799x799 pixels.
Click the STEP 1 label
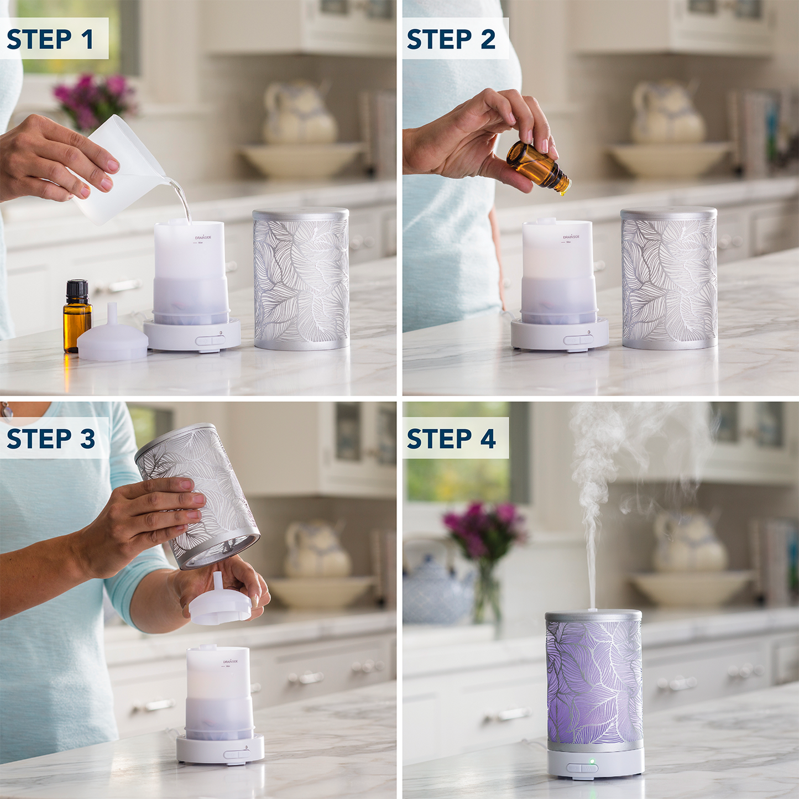click(51, 39)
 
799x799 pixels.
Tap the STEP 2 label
click(451, 39)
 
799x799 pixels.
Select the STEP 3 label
click(51, 438)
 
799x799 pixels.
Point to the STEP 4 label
click(451, 438)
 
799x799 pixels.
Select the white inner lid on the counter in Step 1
click(113, 341)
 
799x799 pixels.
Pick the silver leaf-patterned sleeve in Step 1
click(301, 279)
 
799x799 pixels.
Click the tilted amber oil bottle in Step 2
click(537, 166)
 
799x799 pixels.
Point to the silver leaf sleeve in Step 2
click(669, 279)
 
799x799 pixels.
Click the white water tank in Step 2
click(558, 271)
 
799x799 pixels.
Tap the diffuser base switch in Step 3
click(237, 754)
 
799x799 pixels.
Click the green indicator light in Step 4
click(592, 763)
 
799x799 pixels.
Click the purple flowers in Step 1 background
click(94, 100)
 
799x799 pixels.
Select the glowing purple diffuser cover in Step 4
click(594, 683)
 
